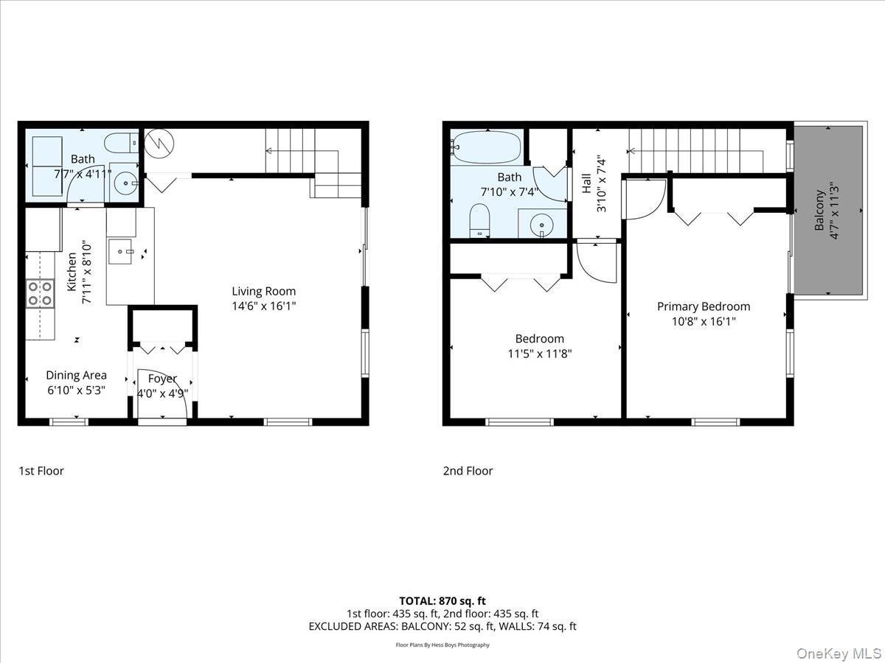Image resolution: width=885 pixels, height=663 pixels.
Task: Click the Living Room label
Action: point(263,291)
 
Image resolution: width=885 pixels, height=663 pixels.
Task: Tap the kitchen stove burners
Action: point(40,292)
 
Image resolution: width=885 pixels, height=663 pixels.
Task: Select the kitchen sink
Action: point(119,251)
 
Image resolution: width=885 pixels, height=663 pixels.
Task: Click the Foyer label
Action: point(162,379)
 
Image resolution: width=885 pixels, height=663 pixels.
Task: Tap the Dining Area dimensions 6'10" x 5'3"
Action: point(76,390)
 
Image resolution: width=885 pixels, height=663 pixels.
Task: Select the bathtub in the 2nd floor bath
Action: point(486,147)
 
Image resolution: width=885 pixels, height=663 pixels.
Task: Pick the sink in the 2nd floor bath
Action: point(543,223)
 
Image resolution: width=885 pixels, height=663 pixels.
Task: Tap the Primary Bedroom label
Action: point(704,306)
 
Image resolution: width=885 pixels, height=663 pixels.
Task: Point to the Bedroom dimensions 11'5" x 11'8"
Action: point(539,353)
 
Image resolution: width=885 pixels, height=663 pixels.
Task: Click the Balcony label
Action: point(819,211)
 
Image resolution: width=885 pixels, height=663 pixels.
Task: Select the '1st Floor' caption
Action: point(41,471)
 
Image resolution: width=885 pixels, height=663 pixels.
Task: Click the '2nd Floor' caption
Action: point(468,471)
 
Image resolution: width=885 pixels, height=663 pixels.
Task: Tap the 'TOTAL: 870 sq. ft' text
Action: point(442,601)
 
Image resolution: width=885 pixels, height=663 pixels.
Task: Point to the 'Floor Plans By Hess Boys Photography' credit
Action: point(442,645)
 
